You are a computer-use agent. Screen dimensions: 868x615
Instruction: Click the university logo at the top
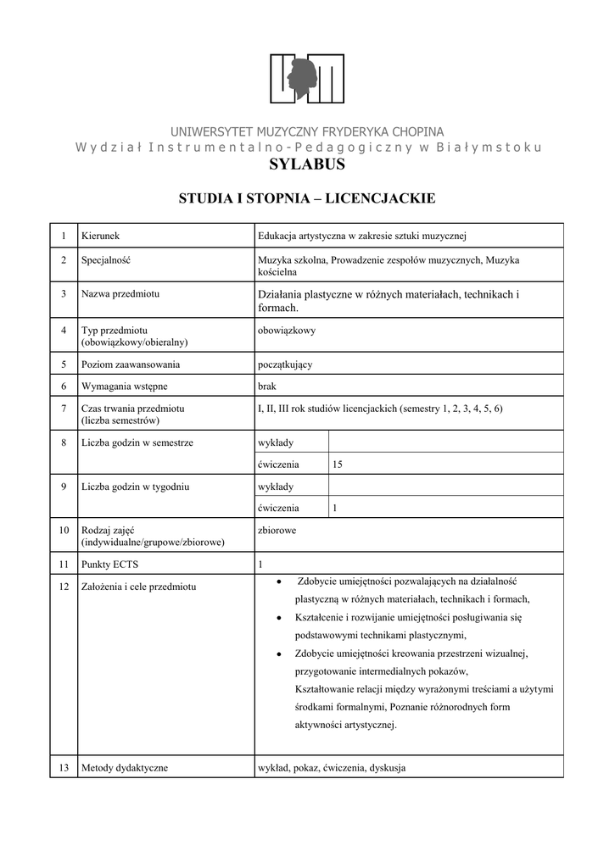(307, 79)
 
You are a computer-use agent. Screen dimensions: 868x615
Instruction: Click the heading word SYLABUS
(307, 164)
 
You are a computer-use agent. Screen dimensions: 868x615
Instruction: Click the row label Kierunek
(100, 235)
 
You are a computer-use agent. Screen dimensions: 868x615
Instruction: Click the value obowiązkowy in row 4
(286, 331)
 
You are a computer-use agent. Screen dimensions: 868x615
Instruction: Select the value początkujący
(285, 364)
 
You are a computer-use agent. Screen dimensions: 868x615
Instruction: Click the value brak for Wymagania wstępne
(266, 386)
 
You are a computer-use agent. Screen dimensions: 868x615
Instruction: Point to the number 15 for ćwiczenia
(338, 464)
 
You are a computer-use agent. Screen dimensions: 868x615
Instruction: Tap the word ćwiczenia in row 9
(278, 508)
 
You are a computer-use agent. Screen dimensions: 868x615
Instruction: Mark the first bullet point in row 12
(279, 581)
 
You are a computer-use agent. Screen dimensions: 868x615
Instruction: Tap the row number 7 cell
(64, 409)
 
